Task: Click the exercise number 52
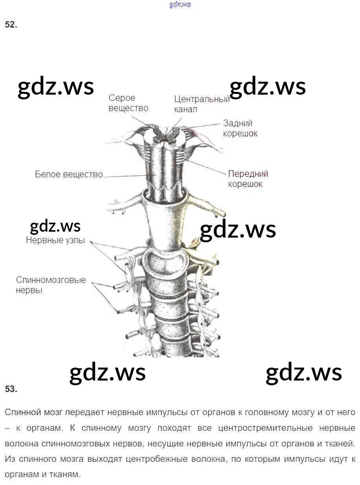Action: (11, 25)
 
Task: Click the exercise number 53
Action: (11, 389)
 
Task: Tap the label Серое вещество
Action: (128, 103)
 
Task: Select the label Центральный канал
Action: (201, 104)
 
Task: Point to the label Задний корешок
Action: (240, 128)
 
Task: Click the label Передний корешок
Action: (248, 179)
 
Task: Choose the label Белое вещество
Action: (69, 174)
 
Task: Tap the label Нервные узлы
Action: (55, 240)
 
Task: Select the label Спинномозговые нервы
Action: (51, 285)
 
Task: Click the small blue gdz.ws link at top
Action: (180, 5)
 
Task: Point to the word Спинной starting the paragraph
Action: (23, 412)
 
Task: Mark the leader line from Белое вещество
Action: (126, 176)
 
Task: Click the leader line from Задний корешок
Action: (204, 126)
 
